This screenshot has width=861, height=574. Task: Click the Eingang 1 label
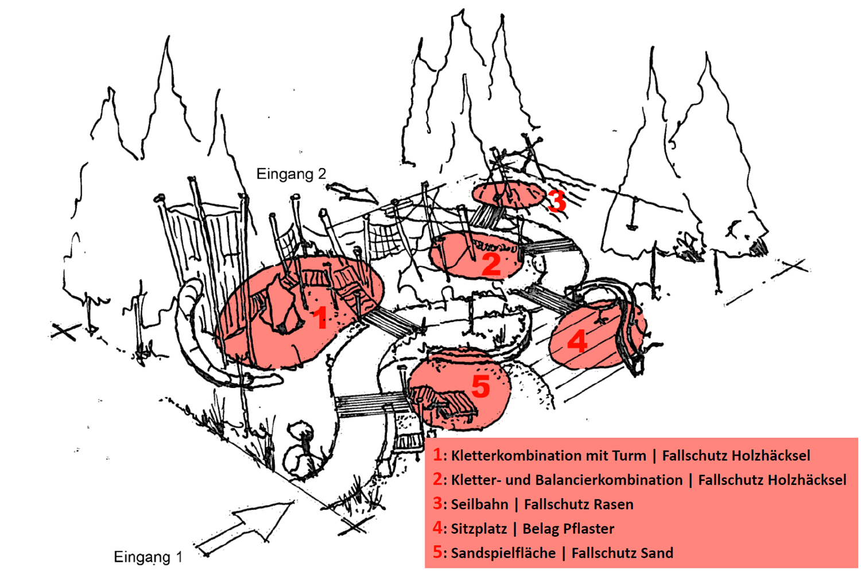tap(148, 557)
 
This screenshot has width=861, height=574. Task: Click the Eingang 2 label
tap(290, 174)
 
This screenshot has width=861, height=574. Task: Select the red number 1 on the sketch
tap(320, 318)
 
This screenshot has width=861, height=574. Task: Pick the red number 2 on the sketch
tap(491, 264)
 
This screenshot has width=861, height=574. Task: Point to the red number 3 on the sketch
tap(556, 201)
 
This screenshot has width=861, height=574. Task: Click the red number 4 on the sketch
tap(577, 341)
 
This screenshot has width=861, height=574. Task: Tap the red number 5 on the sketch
tap(481, 386)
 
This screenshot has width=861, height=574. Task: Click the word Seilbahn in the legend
tap(479, 505)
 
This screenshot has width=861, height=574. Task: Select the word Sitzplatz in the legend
tap(479, 529)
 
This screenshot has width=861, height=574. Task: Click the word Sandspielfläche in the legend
tap(503, 553)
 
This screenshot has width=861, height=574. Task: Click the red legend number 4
tap(438, 528)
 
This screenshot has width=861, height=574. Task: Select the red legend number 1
tap(438, 455)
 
